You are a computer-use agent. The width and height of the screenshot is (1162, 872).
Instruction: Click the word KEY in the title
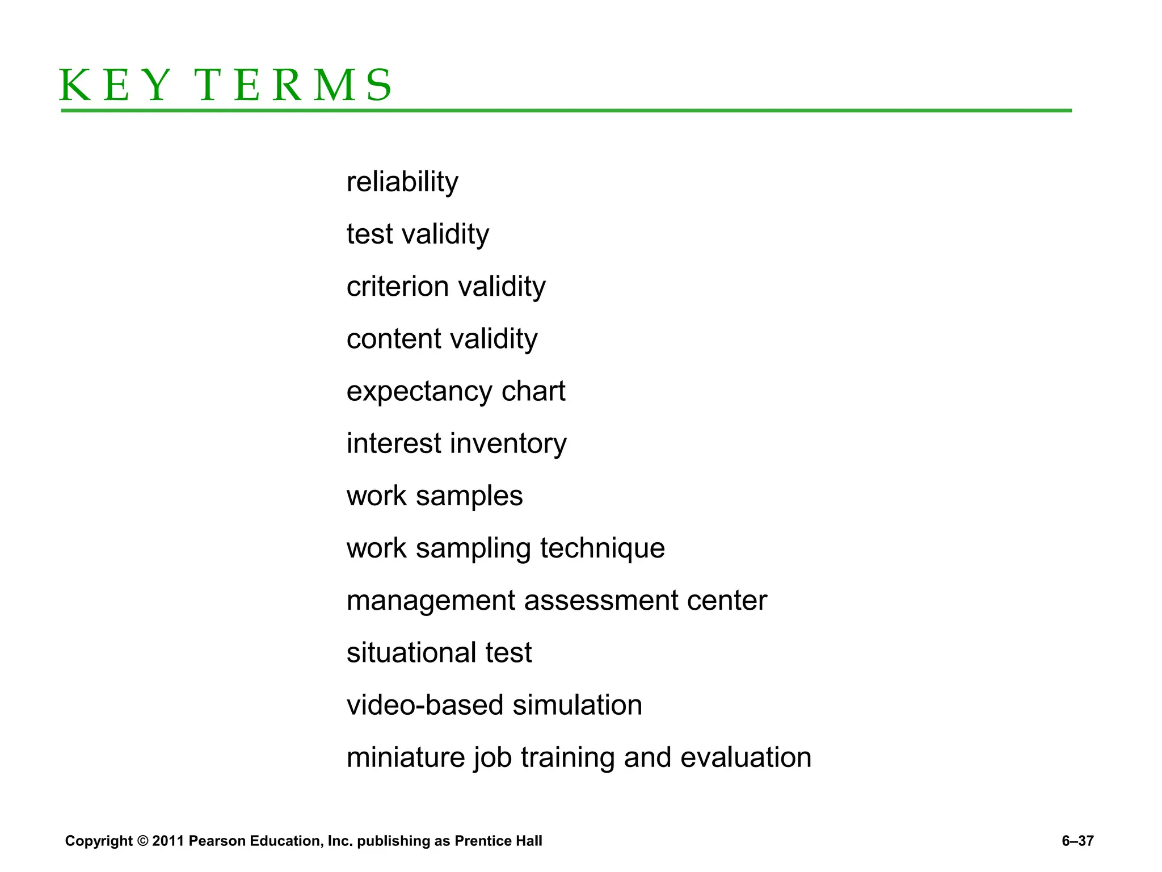[x=114, y=85]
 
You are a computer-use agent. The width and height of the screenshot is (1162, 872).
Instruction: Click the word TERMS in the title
[x=293, y=85]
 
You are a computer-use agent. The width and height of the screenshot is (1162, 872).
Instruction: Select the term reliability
[x=402, y=182]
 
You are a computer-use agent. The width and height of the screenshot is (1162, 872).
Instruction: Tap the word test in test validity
[x=370, y=234]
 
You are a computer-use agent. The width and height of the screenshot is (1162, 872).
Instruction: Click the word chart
[x=533, y=391]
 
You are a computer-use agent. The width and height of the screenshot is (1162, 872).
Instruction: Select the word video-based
[x=425, y=705]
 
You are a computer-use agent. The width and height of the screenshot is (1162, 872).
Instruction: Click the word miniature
[x=406, y=757]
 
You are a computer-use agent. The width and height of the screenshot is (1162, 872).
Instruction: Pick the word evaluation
[x=746, y=757]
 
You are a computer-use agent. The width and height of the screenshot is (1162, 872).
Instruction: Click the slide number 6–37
[x=1077, y=841]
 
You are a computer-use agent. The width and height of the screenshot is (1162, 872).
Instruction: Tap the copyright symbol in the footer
[x=142, y=841]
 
